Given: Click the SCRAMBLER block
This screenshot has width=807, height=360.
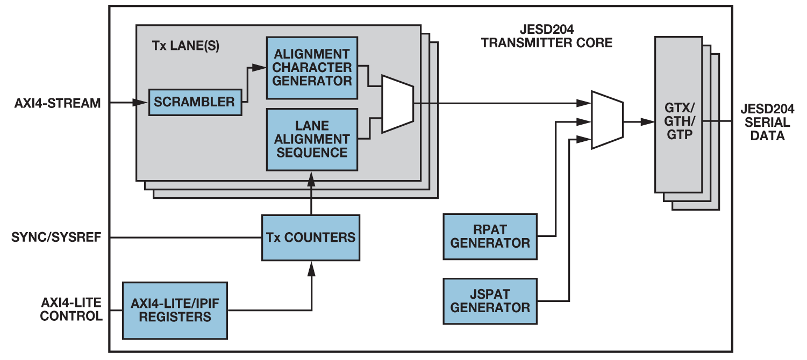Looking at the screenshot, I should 195,102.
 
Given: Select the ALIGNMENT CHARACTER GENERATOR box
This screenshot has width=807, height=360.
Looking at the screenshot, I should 312,68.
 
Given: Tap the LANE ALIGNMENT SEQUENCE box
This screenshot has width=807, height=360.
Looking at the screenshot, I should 312,139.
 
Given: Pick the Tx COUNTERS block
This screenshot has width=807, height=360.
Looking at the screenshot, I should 310,237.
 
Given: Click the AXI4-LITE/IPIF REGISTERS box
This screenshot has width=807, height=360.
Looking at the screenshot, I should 175,310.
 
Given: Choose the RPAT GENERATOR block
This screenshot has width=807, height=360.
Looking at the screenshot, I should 490,236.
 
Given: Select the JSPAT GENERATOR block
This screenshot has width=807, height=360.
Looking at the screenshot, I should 490,301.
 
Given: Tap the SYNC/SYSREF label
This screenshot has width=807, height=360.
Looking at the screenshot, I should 57,237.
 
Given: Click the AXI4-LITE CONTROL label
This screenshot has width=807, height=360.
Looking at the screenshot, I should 71,309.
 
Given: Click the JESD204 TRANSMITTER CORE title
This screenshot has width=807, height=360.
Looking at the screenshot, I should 546,36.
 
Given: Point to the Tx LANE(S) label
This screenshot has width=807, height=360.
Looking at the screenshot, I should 185,46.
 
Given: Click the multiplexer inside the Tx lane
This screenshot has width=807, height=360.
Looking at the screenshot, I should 397,104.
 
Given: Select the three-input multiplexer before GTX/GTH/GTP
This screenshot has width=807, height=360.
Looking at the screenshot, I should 607,120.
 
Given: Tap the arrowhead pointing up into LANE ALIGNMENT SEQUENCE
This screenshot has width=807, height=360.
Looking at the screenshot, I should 311,177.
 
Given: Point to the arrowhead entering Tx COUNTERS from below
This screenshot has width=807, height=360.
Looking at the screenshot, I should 311,267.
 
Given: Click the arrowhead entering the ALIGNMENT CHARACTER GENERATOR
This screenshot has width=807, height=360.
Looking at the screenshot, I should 260,68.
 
